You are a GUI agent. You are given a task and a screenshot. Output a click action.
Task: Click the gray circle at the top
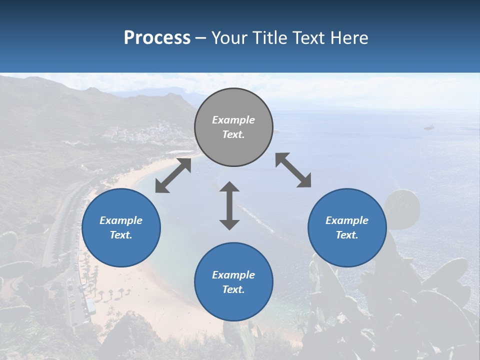pyautogui.click(x=233, y=127)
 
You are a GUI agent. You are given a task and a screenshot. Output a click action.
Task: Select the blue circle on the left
pyautogui.click(x=121, y=227)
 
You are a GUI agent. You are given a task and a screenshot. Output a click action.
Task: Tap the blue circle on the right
pyautogui.click(x=347, y=227)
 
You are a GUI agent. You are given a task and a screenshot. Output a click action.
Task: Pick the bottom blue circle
pyautogui.click(x=233, y=281)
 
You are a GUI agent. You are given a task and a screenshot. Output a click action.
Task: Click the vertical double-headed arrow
pyautogui.click(x=229, y=206)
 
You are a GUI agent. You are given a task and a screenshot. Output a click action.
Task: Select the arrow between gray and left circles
pyautogui.click(x=173, y=175)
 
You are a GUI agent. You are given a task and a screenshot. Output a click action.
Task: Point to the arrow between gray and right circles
pyautogui.click(x=293, y=170)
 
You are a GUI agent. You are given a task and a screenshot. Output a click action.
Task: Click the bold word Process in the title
pyautogui.click(x=157, y=37)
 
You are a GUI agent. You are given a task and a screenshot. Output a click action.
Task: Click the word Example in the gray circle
pyautogui.click(x=233, y=120)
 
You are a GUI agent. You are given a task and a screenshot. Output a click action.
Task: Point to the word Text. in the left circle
pyautogui.click(x=121, y=235)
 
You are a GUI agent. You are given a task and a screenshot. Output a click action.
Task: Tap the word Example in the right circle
pyautogui.click(x=347, y=220)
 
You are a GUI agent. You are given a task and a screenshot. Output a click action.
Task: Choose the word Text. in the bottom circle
pyautogui.click(x=233, y=289)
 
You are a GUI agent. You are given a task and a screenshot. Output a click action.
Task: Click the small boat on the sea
pyautogui.click(x=428, y=127)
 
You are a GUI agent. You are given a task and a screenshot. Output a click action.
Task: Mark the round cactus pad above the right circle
pyautogui.click(x=402, y=205)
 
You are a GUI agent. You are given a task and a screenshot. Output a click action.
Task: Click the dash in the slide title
pyautogui.click(x=201, y=38)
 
